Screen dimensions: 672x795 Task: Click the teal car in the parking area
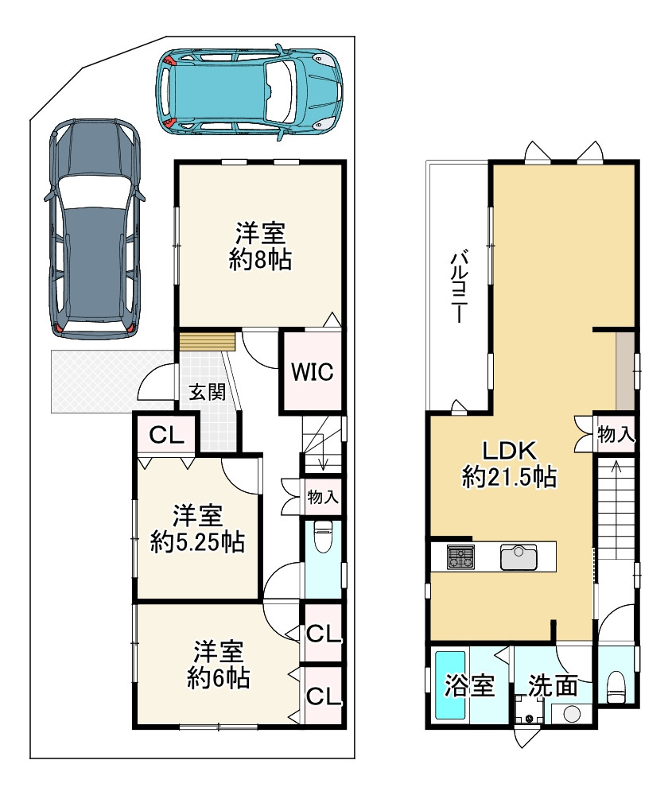(x=249, y=91)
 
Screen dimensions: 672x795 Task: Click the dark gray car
(x=95, y=229)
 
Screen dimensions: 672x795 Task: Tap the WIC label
(x=313, y=371)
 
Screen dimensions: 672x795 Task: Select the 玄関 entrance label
(x=207, y=392)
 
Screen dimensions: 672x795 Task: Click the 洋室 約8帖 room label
(x=260, y=246)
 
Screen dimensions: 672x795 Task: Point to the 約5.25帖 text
(x=198, y=542)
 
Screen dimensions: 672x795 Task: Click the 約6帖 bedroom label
(x=219, y=678)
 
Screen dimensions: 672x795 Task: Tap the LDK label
(x=509, y=450)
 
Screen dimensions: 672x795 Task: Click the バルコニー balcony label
(x=458, y=286)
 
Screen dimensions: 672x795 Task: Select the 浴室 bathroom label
(x=469, y=685)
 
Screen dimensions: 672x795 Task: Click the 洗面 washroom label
(x=553, y=686)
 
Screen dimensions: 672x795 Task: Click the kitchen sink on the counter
(x=519, y=557)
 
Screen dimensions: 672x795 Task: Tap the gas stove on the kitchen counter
(x=460, y=556)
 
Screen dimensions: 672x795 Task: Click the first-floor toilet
(x=323, y=538)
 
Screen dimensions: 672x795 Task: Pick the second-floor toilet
(x=616, y=687)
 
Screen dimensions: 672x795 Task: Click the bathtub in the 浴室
(x=450, y=685)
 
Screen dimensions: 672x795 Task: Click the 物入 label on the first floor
(x=323, y=497)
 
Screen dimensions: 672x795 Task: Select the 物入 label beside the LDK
(x=616, y=434)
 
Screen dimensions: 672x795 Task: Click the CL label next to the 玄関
(x=166, y=435)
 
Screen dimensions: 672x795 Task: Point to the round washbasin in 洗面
(x=573, y=714)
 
